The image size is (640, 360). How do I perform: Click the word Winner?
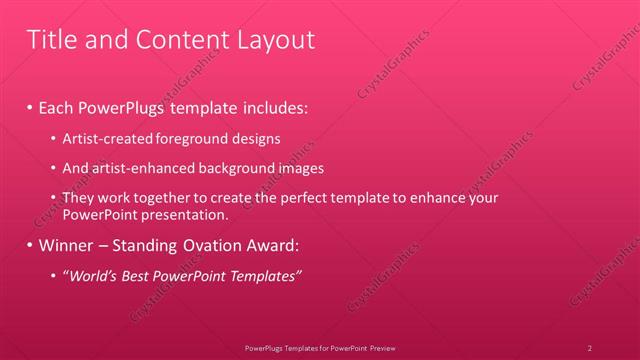pyautogui.click(x=66, y=244)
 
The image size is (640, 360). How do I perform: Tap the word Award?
pyautogui.click(x=271, y=244)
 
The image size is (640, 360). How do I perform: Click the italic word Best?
pyautogui.click(x=134, y=275)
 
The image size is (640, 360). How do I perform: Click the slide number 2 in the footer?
pyautogui.click(x=590, y=348)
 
